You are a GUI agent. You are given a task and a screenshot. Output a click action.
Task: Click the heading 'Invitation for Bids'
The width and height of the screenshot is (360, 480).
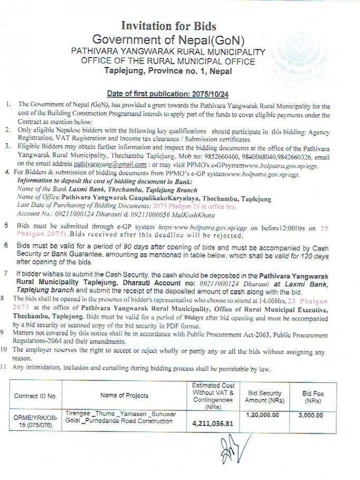pos(169,25)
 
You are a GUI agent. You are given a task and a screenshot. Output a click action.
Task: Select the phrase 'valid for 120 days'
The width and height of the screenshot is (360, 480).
pos(300,255)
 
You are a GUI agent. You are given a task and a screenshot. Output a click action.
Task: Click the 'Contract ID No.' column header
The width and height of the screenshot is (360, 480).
pos(36,396)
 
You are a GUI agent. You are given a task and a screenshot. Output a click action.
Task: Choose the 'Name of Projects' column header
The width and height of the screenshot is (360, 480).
pos(124,396)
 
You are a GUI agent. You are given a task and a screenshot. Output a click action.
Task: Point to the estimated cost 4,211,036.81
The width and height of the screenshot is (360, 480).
pos(213,424)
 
